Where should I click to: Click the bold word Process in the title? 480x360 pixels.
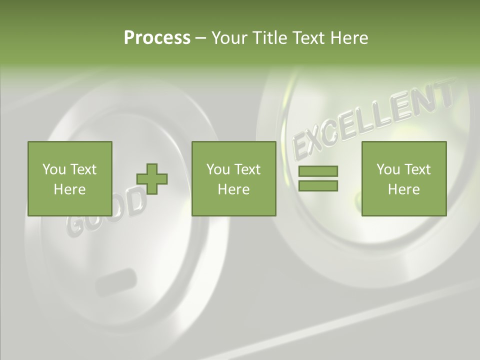(157, 37)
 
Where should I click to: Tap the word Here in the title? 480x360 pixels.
(349, 37)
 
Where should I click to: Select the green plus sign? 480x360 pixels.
(152, 179)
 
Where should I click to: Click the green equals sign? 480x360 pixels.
(318, 178)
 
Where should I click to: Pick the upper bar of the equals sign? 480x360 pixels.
(318, 171)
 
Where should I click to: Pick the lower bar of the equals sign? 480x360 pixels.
(318, 185)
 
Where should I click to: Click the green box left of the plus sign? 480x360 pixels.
(70, 178)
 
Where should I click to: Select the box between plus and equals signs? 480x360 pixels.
(234, 178)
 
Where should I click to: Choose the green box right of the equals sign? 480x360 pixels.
(404, 178)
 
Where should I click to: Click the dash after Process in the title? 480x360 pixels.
(200, 38)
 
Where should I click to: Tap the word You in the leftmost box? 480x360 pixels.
(53, 169)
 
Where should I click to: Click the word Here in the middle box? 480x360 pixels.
(234, 189)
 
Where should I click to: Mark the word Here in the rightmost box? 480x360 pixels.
(404, 189)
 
